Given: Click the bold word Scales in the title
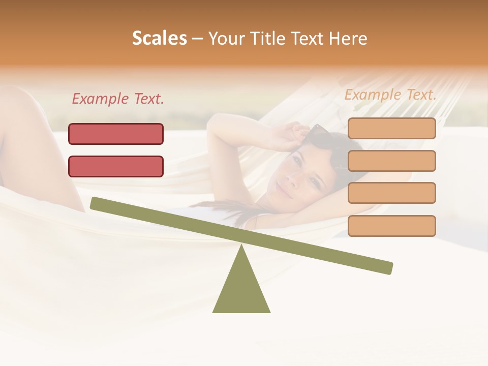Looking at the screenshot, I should coord(160,39).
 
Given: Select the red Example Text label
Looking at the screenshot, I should coord(118,99).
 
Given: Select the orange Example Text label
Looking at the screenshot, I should coord(390,95).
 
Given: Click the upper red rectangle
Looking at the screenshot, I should coord(116,134).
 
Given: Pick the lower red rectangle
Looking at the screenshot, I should coord(116,167).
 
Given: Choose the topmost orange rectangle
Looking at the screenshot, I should coord(391,129).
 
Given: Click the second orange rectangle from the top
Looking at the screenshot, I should coord(391,161).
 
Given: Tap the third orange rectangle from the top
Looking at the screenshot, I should coord(391,193).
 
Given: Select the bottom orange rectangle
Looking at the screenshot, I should coord(391,226).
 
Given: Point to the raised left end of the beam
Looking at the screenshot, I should coord(95,203).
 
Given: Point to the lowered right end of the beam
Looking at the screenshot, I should coord(388,268).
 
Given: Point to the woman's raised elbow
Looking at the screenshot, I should coord(219,122).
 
